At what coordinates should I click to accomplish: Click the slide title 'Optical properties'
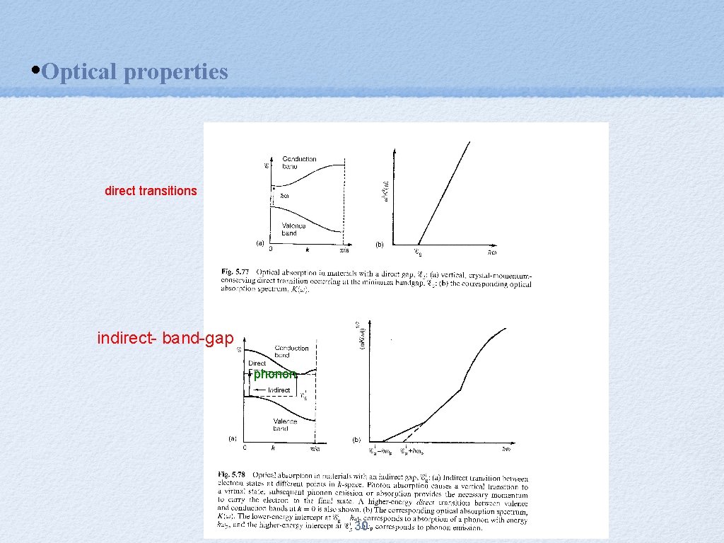(x=134, y=71)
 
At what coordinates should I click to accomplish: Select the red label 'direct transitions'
(x=151, y=191)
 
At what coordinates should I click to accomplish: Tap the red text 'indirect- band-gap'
(x=165, y=339)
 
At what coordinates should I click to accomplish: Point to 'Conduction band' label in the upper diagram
(x=299, y=163)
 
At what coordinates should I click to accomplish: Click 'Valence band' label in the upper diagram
(x=293, y=229)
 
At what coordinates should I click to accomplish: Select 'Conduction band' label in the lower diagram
(x=291, y=351)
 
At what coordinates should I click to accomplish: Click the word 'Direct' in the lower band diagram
(x=257, y=363)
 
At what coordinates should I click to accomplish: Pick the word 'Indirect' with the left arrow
(x=279, y=390)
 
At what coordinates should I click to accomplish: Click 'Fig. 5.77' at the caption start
(x=232, y=271)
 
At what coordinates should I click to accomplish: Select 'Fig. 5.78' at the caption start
(x=232, y=472)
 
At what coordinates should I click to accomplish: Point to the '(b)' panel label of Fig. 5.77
(x=380, y=245)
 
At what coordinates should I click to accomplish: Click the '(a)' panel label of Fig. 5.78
(x=233, y=438)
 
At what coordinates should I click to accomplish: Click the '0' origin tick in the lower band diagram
(x=245, y=448)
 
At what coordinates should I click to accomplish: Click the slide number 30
(x=361, y=526)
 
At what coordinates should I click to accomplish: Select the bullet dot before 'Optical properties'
(x=36, y=71)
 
